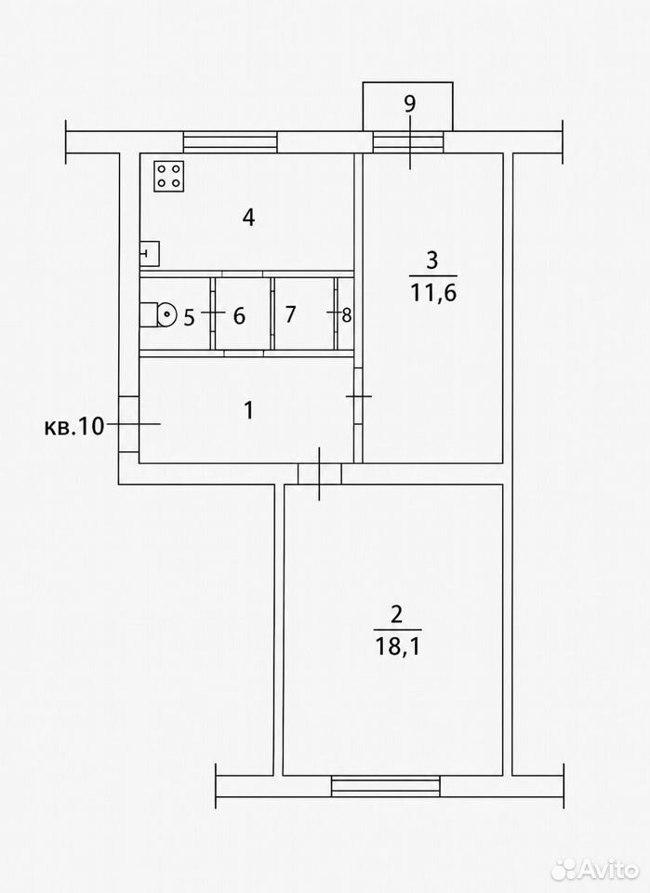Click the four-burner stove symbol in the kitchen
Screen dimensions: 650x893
(x=169, y=176)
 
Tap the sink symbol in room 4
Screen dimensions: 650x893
(x=150, y=253)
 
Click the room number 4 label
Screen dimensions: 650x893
(x=248, y=217)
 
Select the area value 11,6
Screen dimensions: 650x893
(x=433, y=293)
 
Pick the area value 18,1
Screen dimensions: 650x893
(x=397, y=646)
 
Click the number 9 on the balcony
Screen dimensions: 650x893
(x=410, y=103)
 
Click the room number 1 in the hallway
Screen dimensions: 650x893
(x=248, y=409)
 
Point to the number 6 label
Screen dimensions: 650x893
(x=239, y=315)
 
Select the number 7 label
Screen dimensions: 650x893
(x=290, y=313)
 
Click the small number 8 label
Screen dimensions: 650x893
(x=347, y=315)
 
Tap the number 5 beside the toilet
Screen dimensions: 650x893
(x=189, y=316)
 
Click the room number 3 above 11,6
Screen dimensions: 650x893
(x=432, y=260)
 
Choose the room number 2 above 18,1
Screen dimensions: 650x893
(x=397, y=614)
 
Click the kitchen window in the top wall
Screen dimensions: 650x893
(x=230, y=141)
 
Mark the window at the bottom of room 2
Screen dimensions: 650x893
(x=386, y=785)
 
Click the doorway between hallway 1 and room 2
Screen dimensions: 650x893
(x=320, y=473)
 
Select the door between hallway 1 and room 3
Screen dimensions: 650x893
(x=359, y=396)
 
